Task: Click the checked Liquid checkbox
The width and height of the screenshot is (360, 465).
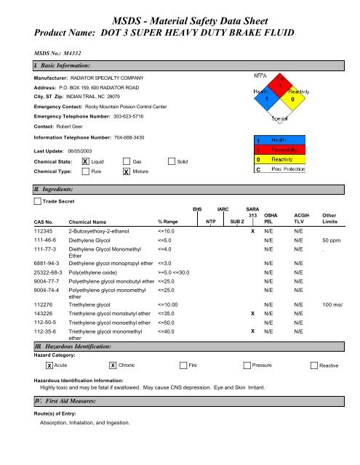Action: (x=86, y=161)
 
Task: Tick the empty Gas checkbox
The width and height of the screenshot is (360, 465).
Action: (x=127, y=161)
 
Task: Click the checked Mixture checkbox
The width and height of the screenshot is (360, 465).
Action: (x=127, y=172)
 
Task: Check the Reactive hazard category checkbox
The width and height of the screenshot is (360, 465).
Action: (x=313, y=365)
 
